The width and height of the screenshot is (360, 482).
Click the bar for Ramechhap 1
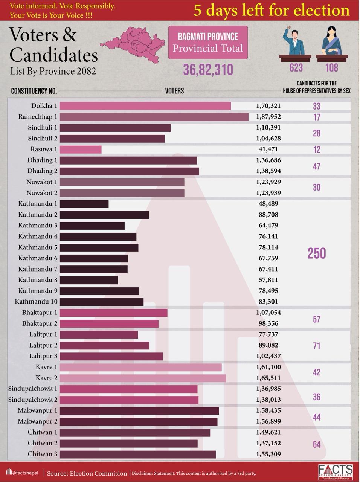[154, 117]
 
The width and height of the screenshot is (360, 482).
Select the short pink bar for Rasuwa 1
[81, 149]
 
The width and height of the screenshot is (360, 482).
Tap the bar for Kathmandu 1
[84, 204]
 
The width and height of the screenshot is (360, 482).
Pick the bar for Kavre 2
[143, 378]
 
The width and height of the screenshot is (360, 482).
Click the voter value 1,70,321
[268, 106]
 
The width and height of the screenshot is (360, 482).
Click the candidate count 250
[316, 253]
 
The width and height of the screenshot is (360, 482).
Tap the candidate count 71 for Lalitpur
[316, 346]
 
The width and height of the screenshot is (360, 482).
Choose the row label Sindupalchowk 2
[33, 400]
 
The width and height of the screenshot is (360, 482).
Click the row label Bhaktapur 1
[40, 313]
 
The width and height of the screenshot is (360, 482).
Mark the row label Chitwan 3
[43, 454]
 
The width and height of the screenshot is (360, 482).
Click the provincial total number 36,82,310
[208, 70]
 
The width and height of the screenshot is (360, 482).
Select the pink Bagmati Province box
[208, 42]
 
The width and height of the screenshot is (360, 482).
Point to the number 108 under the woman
[331, 68]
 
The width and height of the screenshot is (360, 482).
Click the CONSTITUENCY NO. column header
[34, 91]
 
